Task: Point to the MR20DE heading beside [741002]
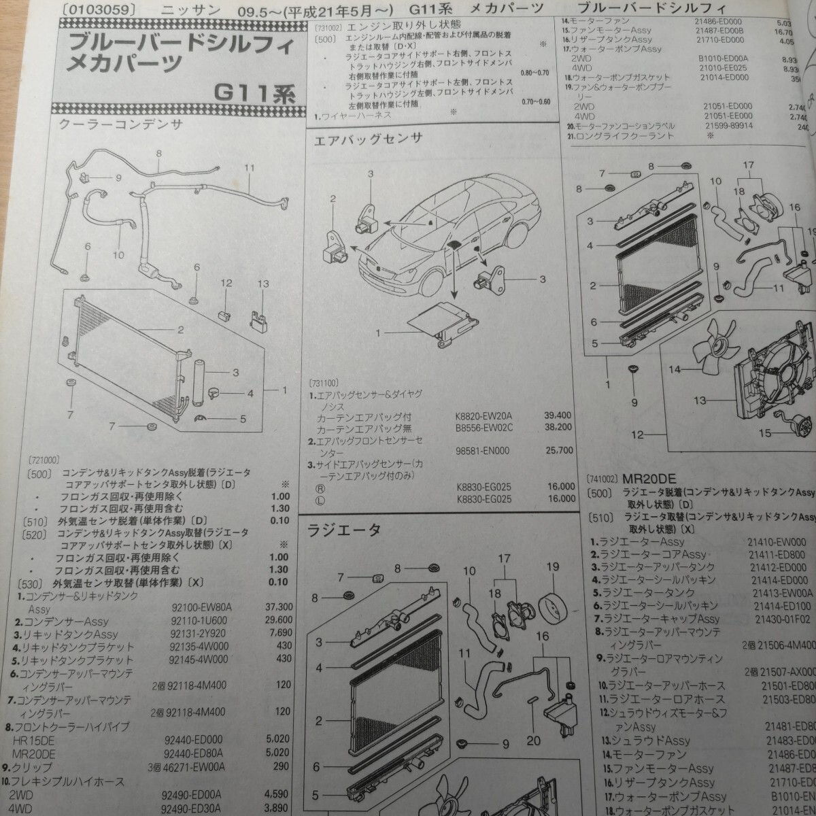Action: coord(646,479)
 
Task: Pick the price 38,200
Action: coord(559,427)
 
